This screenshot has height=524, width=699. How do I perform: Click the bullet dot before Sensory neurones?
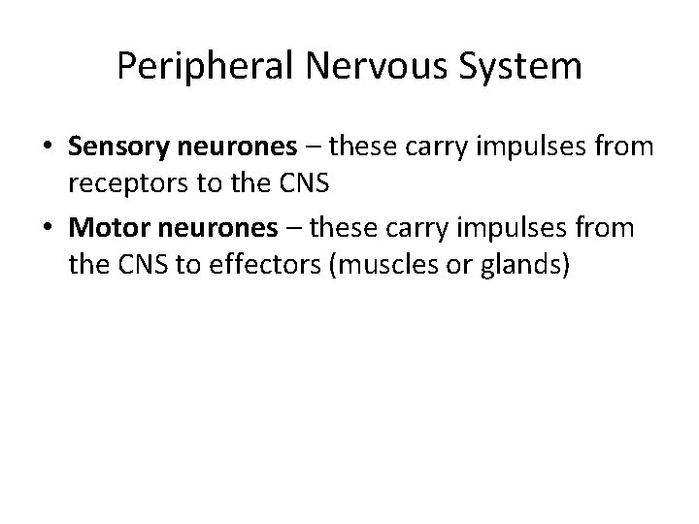point(50,147)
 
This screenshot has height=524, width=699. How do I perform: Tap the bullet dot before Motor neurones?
point(50,230)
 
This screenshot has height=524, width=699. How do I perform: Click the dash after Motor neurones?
point(288,229)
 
